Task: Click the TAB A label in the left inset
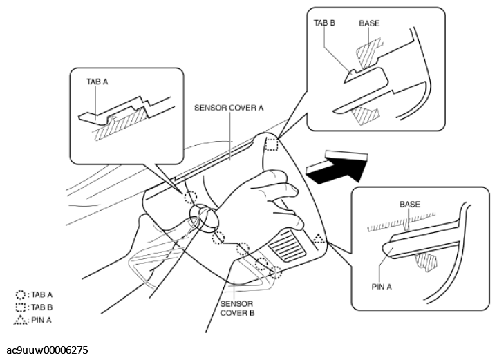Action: click(x=97, y=81)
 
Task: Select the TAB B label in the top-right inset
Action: click(x=324, y=23)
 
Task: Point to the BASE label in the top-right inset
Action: click(x=369, y=23)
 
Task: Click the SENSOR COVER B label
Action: click(x=238, y=308)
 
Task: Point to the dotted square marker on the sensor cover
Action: click(x=272, y=144)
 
